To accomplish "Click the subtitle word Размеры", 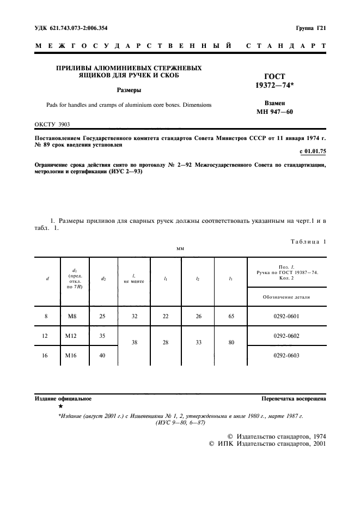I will (129, 90).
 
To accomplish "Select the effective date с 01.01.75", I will (313, 151).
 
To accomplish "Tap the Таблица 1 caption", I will (307, 241).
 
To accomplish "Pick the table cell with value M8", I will (70, 316).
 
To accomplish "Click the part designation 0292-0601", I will (286, 316).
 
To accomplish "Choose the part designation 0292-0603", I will (286, 356).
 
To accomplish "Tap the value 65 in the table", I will (231, 316).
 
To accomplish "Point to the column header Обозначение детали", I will (286, 297).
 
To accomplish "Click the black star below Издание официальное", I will (60, 406).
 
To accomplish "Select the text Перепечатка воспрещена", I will (294, 399).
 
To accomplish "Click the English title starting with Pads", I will (129, 104).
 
